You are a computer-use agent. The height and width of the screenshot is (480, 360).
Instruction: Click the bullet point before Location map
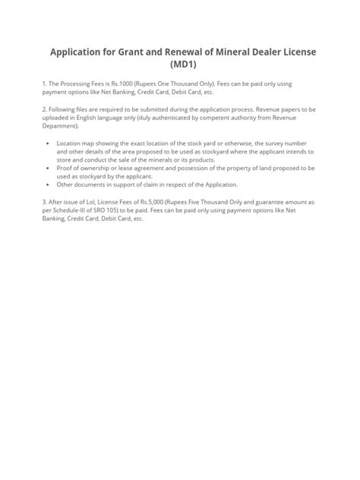(x=48, y=142)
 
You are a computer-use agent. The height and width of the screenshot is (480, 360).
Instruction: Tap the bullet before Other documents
(x=48, y=185)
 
